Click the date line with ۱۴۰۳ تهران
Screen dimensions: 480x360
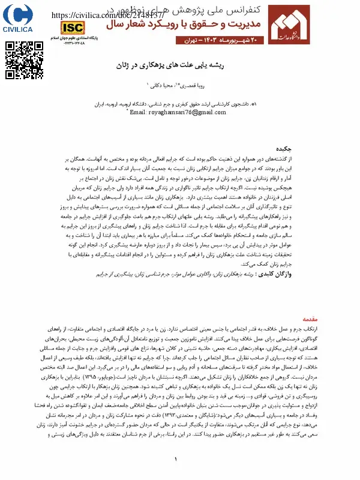(218, 40)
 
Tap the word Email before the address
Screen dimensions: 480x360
(139, 112)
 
